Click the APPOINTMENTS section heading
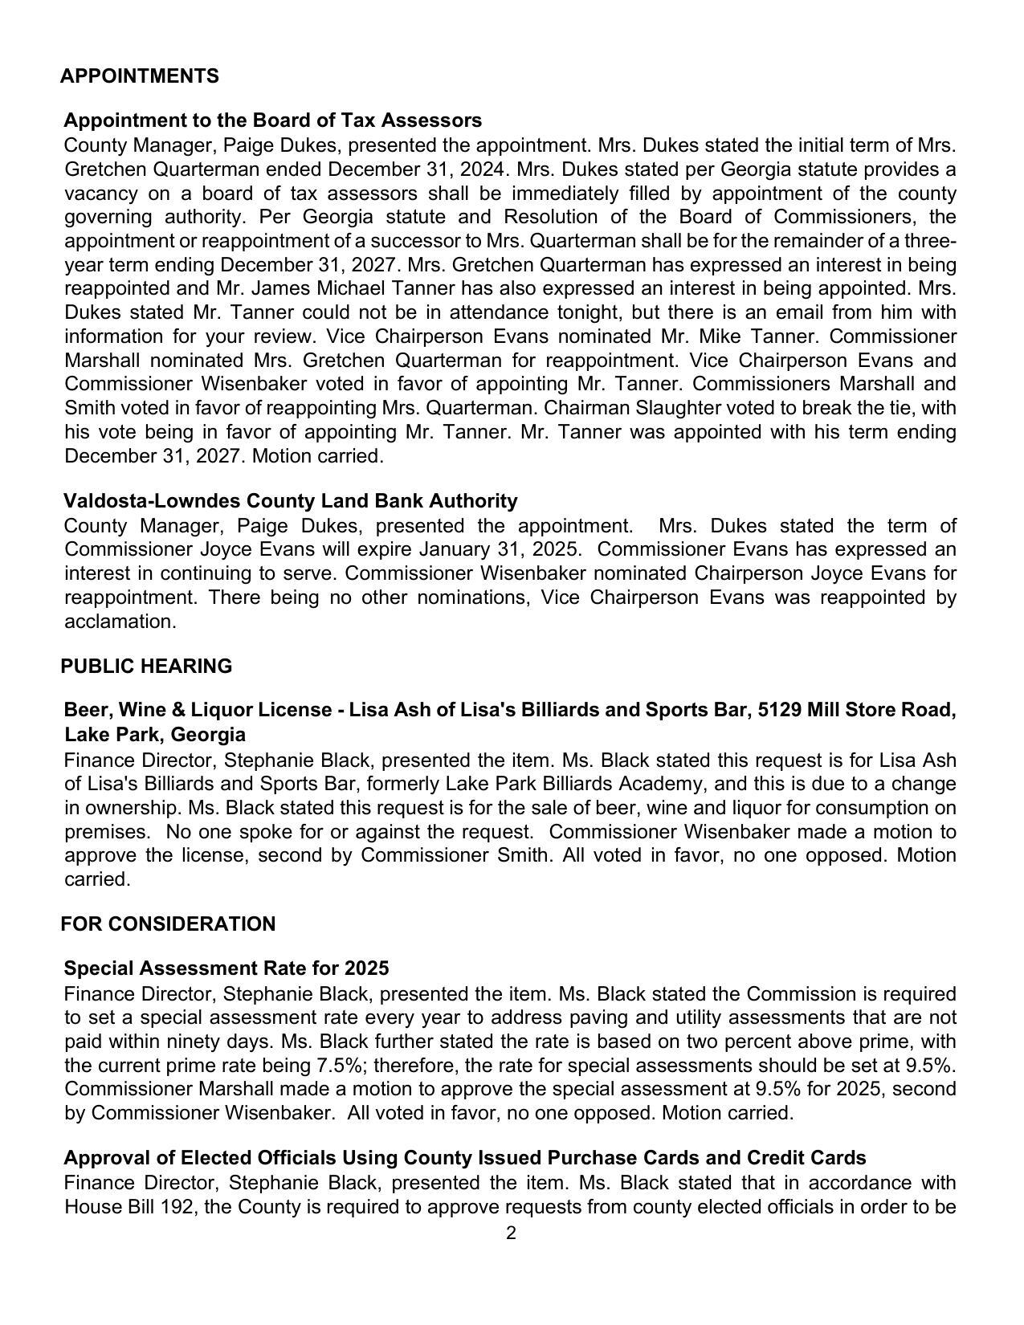point(139,76)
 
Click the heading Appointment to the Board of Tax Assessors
point(272,120)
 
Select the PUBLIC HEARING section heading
point(145,667)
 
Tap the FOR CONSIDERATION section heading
point(167,924)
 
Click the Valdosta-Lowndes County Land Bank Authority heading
point(290,501)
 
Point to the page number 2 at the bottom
point(511,1233)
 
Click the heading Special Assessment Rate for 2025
point(226,968)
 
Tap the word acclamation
point(120,622)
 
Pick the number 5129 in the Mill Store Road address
point(780,711)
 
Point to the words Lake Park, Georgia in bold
point(155,735)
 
